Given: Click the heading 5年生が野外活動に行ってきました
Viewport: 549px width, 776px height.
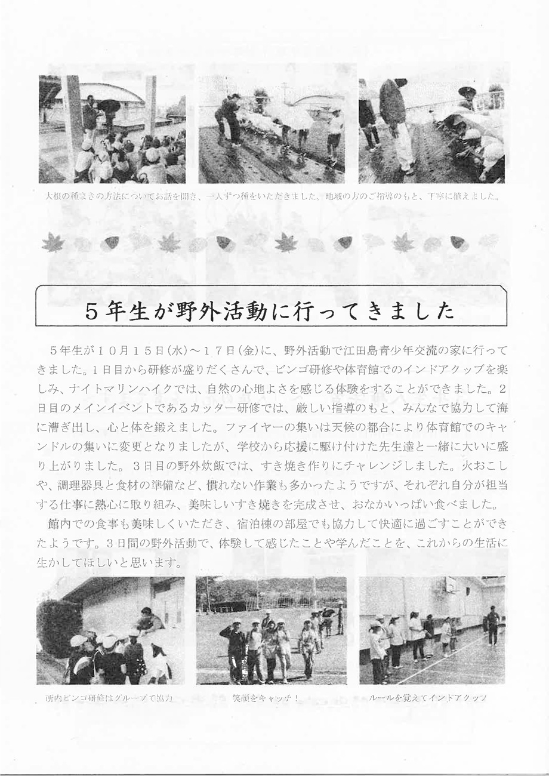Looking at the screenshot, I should point(270,312).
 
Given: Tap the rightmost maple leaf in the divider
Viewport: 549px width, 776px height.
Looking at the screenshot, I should point(402,242).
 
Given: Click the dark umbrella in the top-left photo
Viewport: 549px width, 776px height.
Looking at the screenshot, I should point(109,106).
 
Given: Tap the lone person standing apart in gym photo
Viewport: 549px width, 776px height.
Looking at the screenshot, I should point(492,625).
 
